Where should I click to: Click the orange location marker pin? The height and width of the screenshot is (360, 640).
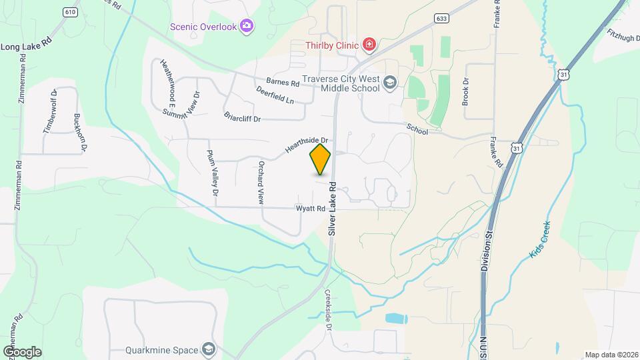tap(321, 159)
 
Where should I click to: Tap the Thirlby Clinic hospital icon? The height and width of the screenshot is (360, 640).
tap(369, 45)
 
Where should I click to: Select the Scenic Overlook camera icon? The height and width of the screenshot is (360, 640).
tap(247, 26)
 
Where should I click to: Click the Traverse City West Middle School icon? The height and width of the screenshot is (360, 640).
tap(390, 83)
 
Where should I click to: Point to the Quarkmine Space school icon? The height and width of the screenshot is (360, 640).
tap(209, 349)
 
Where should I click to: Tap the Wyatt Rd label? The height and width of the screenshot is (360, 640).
tap(311, 209)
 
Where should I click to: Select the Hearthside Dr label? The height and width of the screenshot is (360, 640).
tap(308, 145)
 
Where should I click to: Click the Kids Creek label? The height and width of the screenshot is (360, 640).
tap(541, 239)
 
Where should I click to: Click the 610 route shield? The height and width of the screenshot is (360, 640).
tap(69, 12)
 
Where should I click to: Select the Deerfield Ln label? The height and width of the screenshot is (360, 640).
tap(275, 95)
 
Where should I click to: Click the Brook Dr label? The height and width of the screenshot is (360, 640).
tap(465, 93)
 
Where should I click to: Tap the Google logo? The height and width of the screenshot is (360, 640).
tap(22, 351)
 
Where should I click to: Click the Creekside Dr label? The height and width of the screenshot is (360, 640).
tap(328, 311)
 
